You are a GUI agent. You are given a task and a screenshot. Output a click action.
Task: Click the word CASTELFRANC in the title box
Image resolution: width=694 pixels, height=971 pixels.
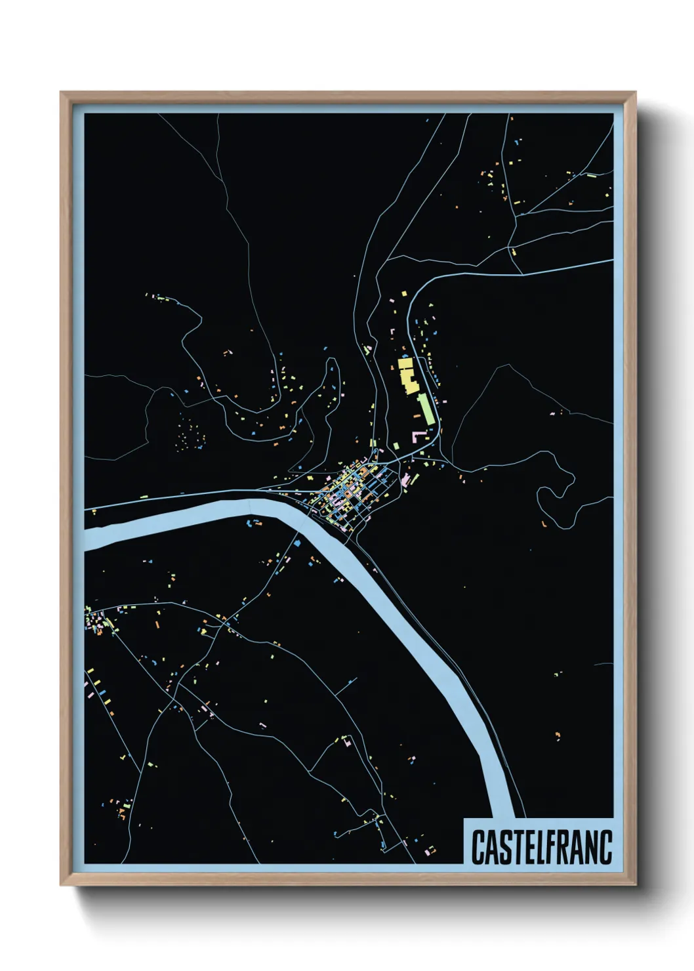click(541, 847)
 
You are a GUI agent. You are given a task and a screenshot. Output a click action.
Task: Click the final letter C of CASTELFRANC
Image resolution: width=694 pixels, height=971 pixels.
click(605, 847)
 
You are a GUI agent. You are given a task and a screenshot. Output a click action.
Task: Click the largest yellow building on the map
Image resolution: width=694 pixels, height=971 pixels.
click(407, 377)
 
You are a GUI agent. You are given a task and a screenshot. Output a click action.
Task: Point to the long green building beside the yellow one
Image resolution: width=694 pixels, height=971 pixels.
click(424, 408)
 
